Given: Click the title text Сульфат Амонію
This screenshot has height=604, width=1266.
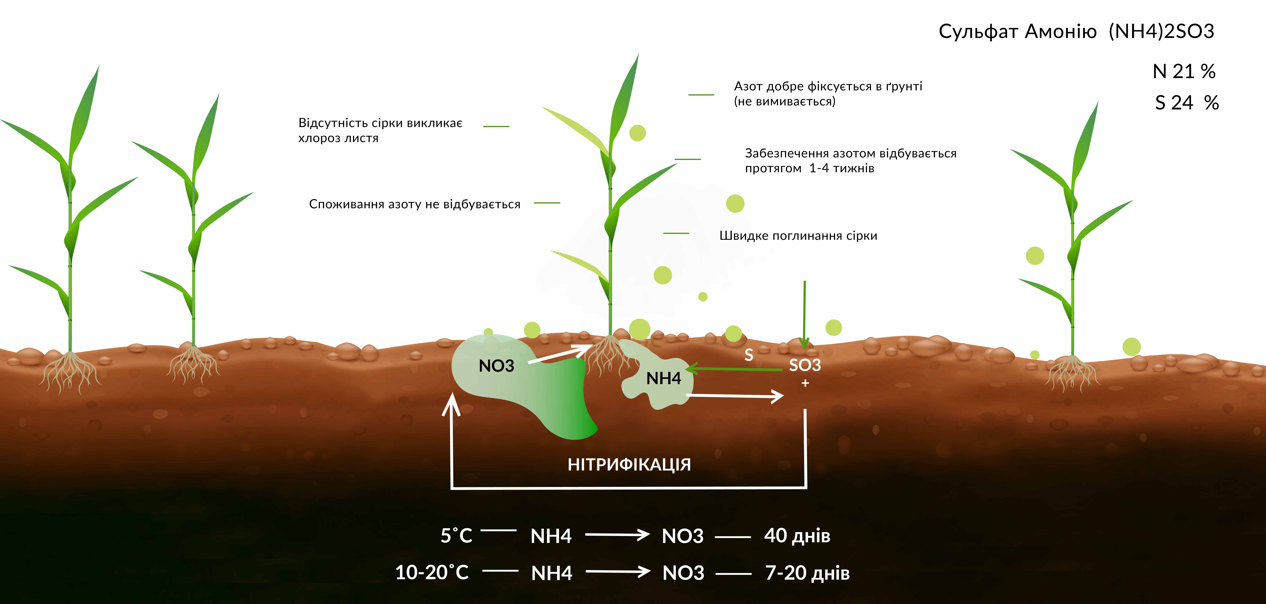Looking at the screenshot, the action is pyautogui.click(x=1017, y=32).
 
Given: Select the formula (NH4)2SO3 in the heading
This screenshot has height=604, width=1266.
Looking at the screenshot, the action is pyautogui.click(x=1161, y=32).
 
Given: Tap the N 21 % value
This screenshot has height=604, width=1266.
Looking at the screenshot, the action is pyautogui.click(x=1184, y=71).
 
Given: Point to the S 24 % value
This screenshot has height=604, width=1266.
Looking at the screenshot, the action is pyautogui.click(x=1186, y=103).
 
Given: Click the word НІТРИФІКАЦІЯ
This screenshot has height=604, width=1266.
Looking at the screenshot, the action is pyautogui.click(x=629, y=464).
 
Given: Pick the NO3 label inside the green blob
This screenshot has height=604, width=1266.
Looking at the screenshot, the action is pyautogui.click(x=496, y=366).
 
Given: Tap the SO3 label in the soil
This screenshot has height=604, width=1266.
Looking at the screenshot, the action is pyautogui.click(x=805, y=365).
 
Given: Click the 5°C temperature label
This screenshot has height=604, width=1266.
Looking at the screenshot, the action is pyautogui.click(x=456, y=536).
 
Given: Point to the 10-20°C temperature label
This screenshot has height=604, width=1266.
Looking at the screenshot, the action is pyautogui.click(x=432, y=572).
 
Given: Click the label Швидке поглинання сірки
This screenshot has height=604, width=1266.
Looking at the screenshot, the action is pyautogui.click(x=798, y=236).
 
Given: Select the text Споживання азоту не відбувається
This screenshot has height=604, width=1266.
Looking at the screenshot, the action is pyautogui.click(x=414, y=204).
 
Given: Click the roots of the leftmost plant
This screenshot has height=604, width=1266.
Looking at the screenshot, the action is pyautogui.click(x=70, y=371).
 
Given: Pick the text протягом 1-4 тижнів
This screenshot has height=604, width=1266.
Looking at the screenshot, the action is pyautogui.click(x=809, y=169).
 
